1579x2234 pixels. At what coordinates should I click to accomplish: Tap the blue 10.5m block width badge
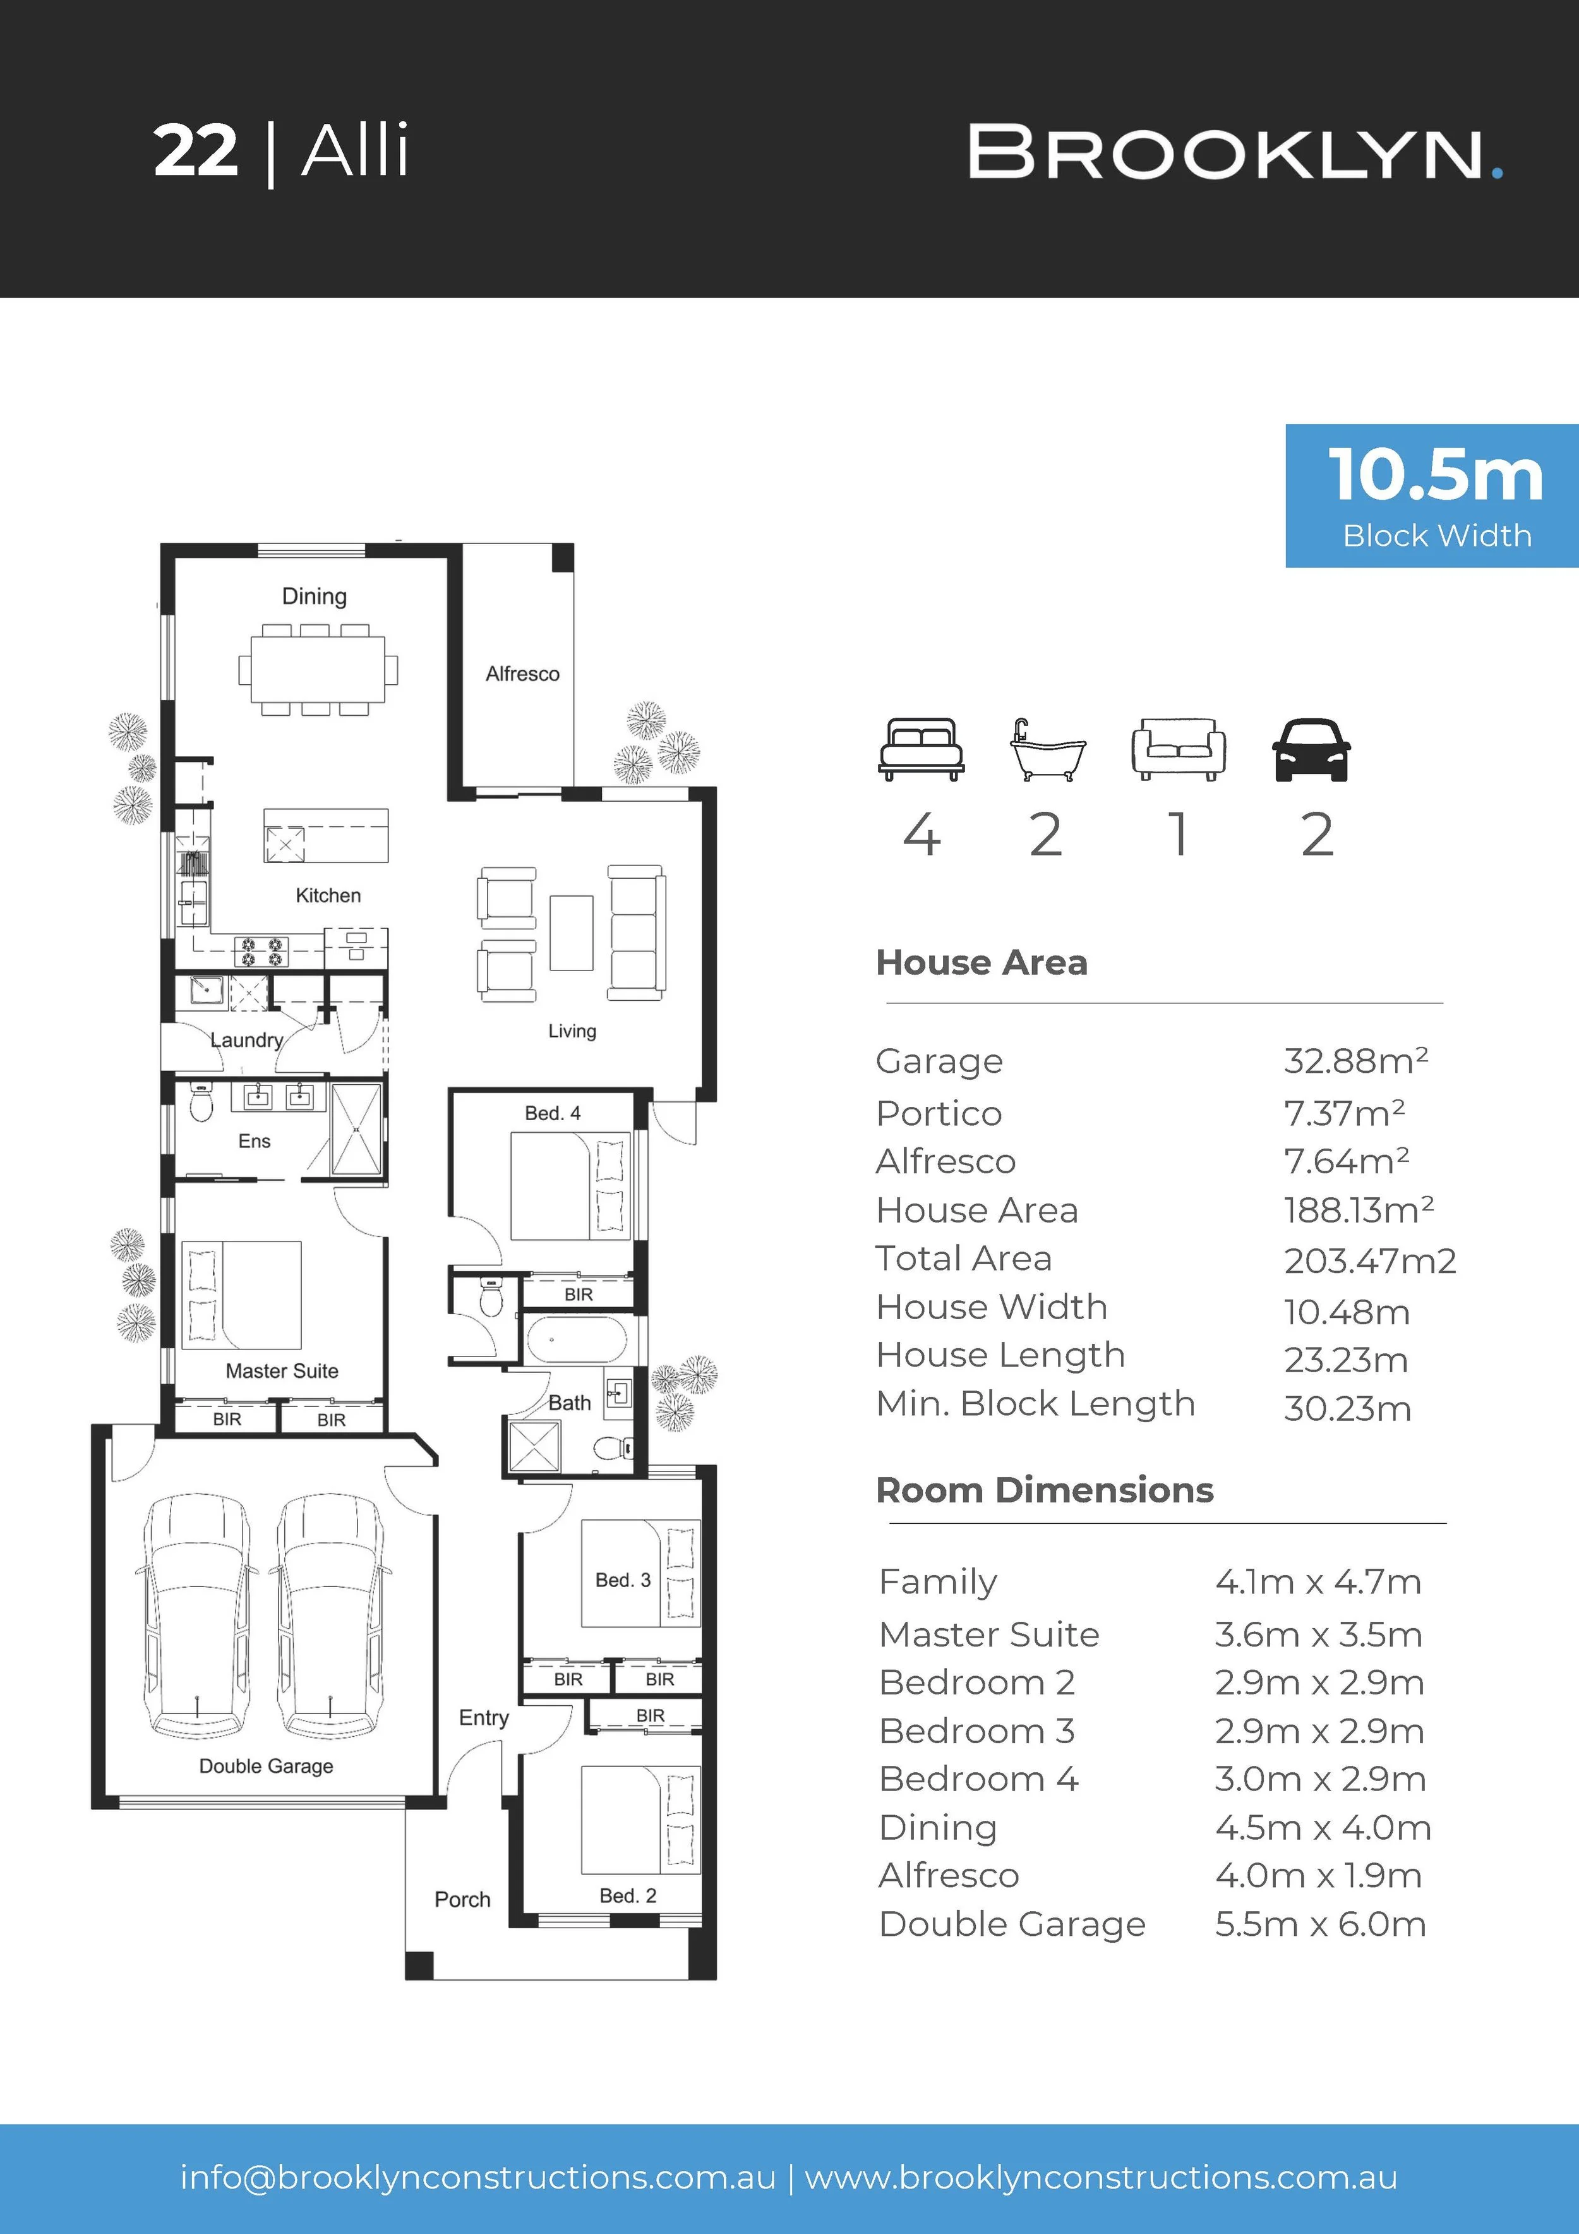click(1432, 495)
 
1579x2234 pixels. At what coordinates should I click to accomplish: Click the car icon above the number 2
click(1311, 749)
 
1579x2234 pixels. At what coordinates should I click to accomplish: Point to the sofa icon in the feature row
click(1178, 749)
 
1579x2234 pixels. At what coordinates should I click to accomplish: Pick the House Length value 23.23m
click(1345, 1359)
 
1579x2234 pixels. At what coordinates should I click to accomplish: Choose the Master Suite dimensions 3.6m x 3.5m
click(1318, 1634)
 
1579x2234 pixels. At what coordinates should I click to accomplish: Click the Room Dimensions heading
click(1045, 1490)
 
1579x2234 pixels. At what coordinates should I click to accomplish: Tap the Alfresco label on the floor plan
click(522, 673)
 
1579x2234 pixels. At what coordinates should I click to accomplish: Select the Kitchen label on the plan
click(328, 895)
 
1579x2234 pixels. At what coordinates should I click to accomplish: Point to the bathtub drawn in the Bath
click(576, 1340)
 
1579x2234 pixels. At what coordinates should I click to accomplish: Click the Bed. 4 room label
click(553, 1113)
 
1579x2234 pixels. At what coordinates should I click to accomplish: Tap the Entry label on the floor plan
click(484, 1718)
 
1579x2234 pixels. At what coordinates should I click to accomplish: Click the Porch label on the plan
click(462, 1899)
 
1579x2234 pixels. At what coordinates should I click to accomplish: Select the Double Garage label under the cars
click(266, 1766)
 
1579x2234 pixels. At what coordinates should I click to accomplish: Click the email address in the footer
click(477, 2178)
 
